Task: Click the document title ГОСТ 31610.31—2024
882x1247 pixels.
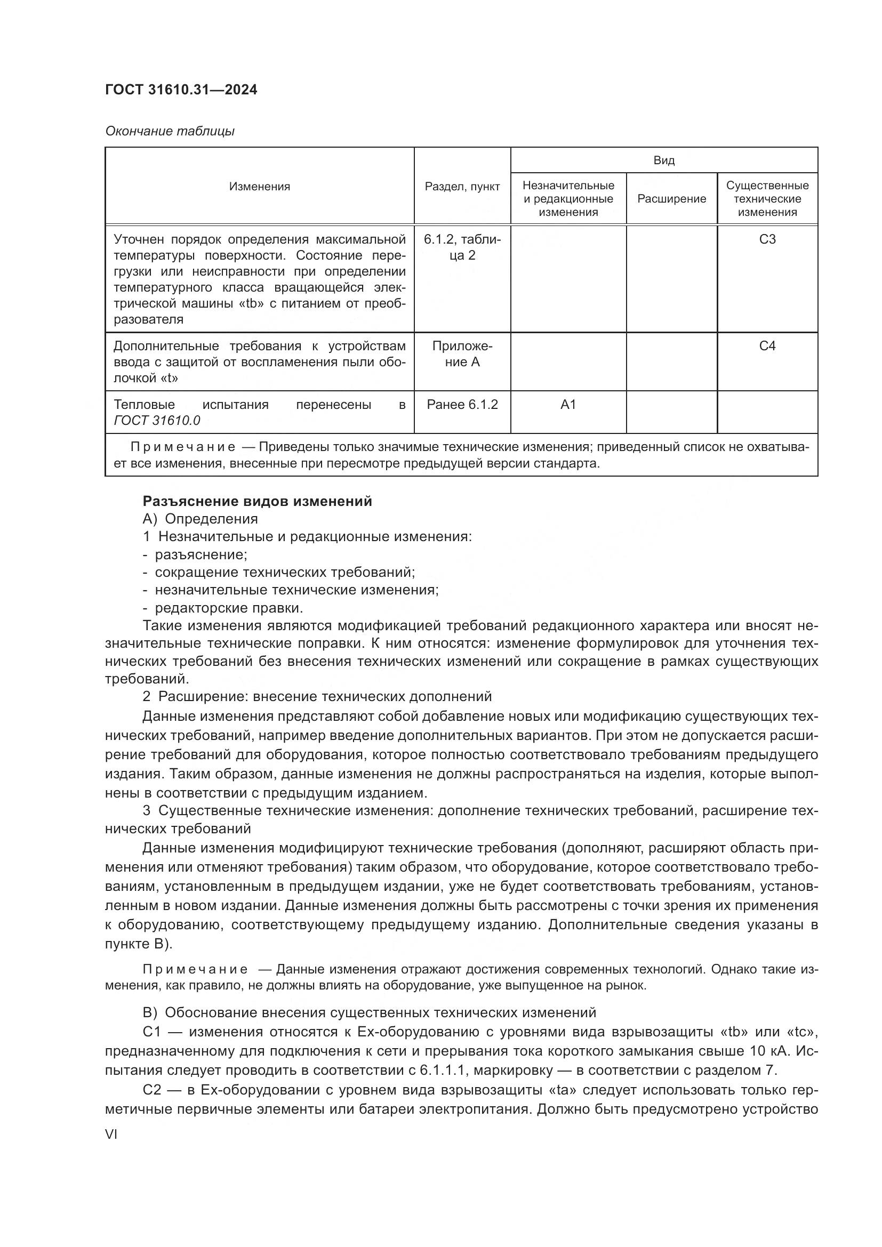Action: coord(181,90)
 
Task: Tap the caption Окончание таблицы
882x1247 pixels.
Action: coord(170,131)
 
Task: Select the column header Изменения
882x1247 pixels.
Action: coord(259,186)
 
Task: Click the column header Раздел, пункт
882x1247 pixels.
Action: coord(462,186)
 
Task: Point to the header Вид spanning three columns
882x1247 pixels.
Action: coord(664,160)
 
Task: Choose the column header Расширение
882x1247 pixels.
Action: coord(671,199)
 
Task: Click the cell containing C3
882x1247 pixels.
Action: coord(767,239)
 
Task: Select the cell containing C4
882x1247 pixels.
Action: coord(767,346)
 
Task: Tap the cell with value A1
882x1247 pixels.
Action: coord(568,405)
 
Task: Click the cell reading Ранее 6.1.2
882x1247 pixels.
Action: coord(462,405)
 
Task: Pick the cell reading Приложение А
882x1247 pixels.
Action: coord(462,354)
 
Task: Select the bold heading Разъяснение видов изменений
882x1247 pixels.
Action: coord(257,501)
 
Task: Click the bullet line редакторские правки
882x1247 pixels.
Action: coord(228,608)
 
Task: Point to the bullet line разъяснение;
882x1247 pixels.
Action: coord(201,554)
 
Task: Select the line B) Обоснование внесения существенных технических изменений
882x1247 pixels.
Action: coord(369,1012)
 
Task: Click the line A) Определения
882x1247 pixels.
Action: coord(200,519)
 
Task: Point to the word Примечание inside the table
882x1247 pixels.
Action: coord(182,447)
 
